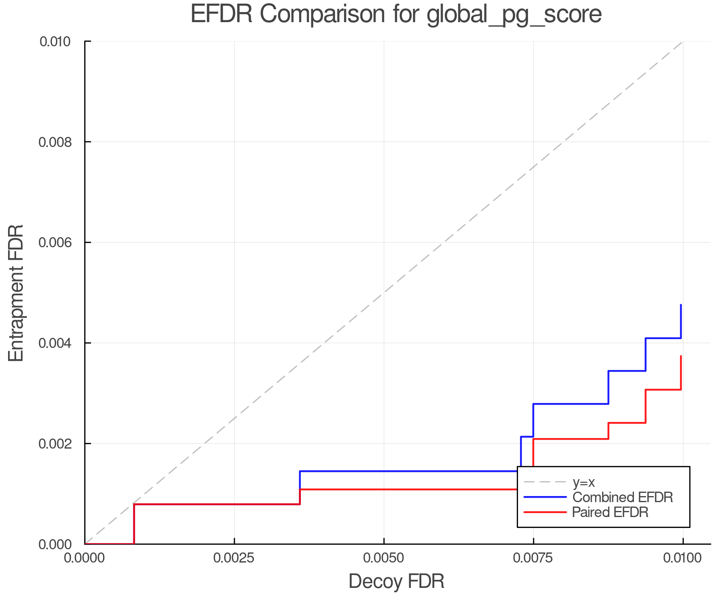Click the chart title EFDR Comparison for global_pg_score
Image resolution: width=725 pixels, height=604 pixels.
(x=396, y=14)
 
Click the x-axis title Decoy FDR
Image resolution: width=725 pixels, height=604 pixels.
(x=396, y=581)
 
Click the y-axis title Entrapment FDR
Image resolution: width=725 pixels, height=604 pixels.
(x=17, y=293)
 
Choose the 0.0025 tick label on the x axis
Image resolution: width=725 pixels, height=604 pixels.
(x=234, y=558)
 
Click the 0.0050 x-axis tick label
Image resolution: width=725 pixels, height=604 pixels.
(x=384, y=558)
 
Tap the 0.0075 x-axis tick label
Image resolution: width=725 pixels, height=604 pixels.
(x=533, y=558)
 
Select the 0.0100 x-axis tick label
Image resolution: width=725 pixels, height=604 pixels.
(x=682, y=558)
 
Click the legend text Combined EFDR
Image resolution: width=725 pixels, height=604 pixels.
(x=622, y=497)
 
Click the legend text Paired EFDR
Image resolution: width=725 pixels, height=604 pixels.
(x=610, y=512)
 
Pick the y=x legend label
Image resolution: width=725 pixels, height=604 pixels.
(x=584, y=482)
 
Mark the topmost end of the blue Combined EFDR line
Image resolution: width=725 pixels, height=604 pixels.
(x=681, y=305)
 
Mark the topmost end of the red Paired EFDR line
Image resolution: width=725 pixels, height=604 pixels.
(x=681, y=356)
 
